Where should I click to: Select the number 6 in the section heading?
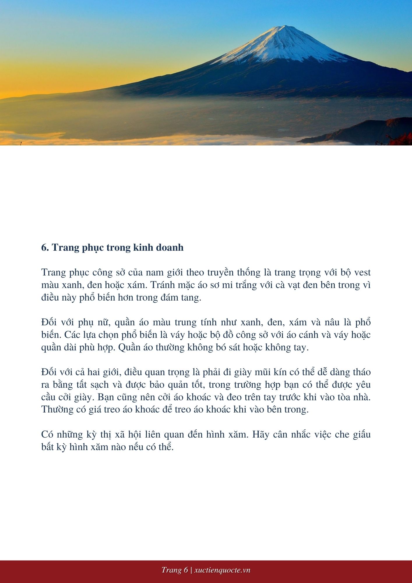tap(45, 247)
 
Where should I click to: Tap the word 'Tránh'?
tap(161, 285)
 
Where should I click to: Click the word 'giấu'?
tap(362, 435)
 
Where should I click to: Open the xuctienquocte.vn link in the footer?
tap(222, 570)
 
